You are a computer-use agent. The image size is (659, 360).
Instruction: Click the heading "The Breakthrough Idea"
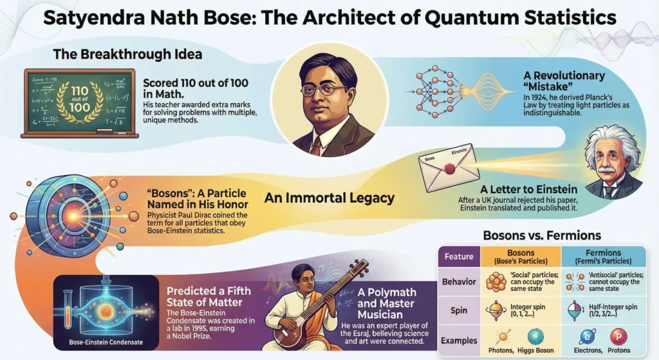click(x=127, y=54)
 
